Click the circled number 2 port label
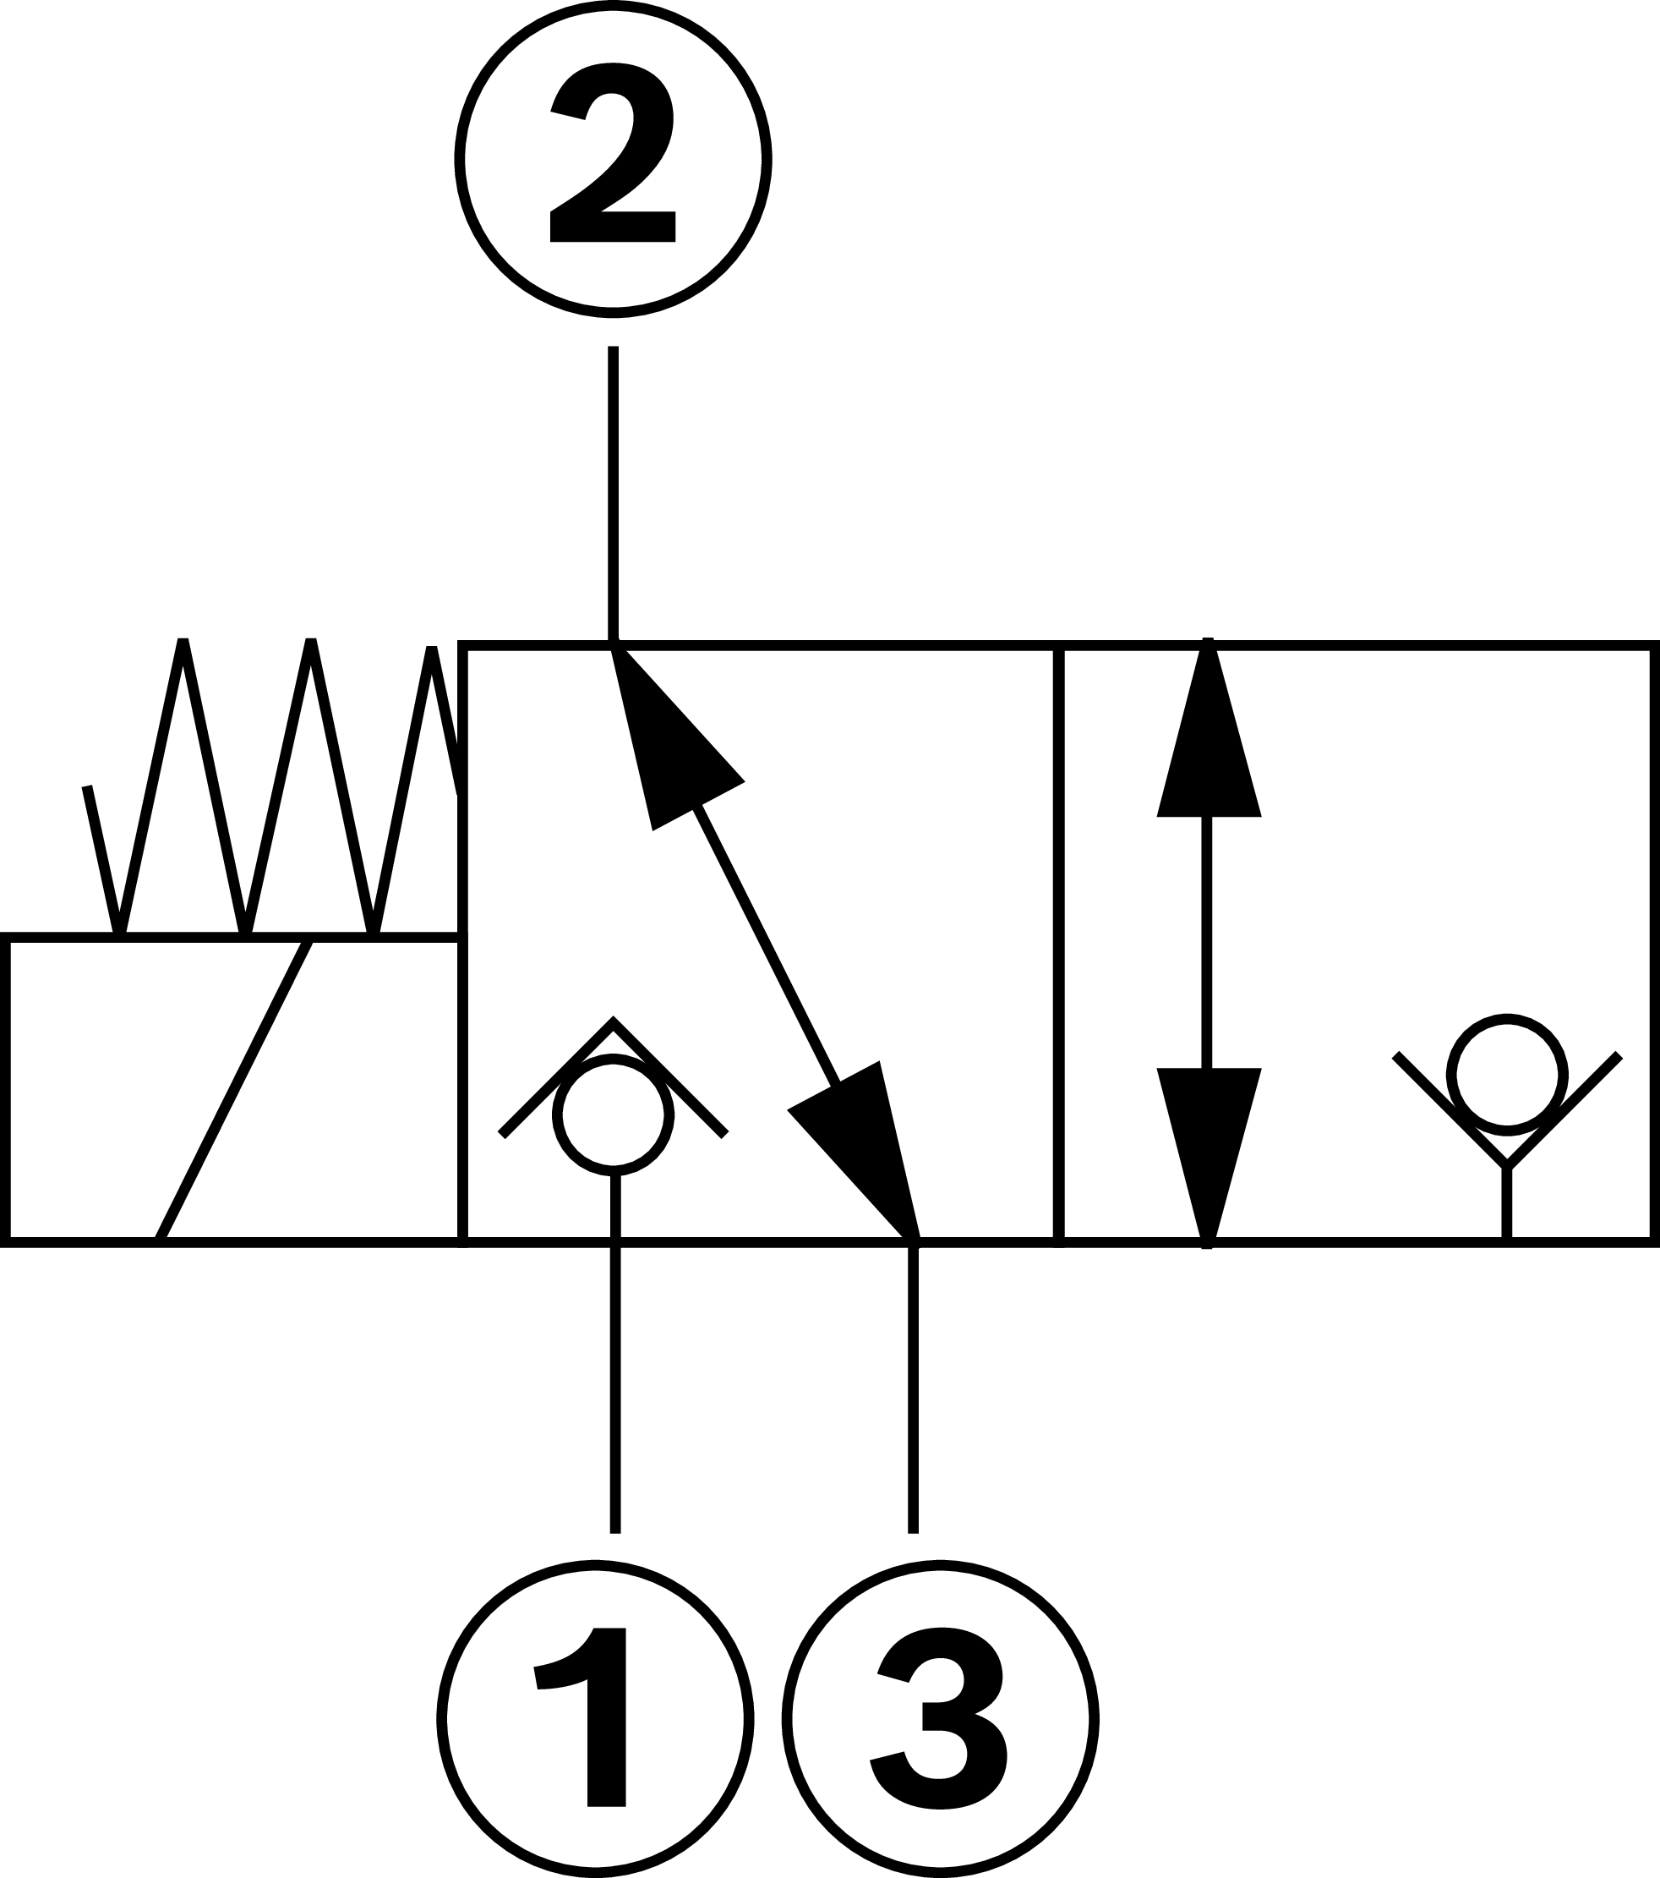(x=613, y=159)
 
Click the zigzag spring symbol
(x=276, y=790)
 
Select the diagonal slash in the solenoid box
(x=234, y=1089)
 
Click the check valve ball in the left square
(x=614, y=1114)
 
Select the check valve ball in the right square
(x=1506, y=1074)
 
